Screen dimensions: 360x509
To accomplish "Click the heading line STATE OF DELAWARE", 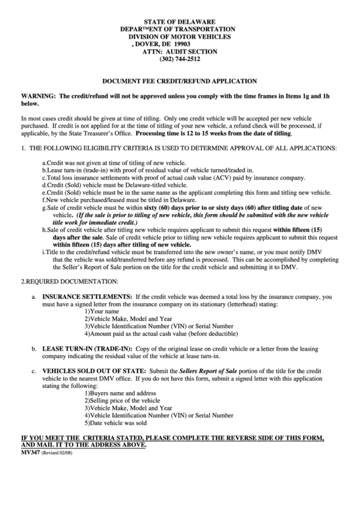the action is coord(180,22).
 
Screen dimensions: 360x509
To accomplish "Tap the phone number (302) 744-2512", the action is coord(180,59).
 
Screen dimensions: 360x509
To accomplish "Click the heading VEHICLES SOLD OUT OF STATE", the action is coord(88,371).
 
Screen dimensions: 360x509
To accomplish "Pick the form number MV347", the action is coord(31,451).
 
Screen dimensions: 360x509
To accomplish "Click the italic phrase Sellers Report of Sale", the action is coord(209,371).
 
